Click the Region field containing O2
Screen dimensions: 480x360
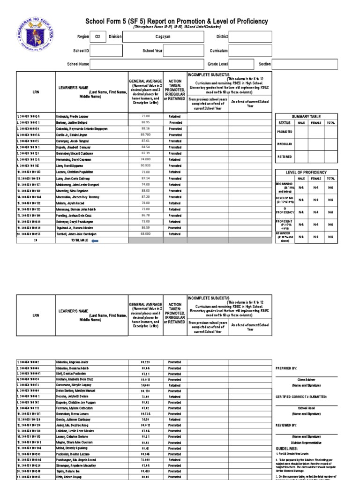coord(97,36)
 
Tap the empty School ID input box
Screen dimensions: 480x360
coord(106,51)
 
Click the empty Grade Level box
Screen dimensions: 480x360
coord(241,64)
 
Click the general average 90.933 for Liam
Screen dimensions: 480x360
coord(146,165)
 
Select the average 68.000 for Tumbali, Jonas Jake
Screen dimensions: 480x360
coord(146,234)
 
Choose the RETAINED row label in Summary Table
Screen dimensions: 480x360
coord(285,157)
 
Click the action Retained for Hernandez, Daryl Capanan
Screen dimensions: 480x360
coord(175,159)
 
